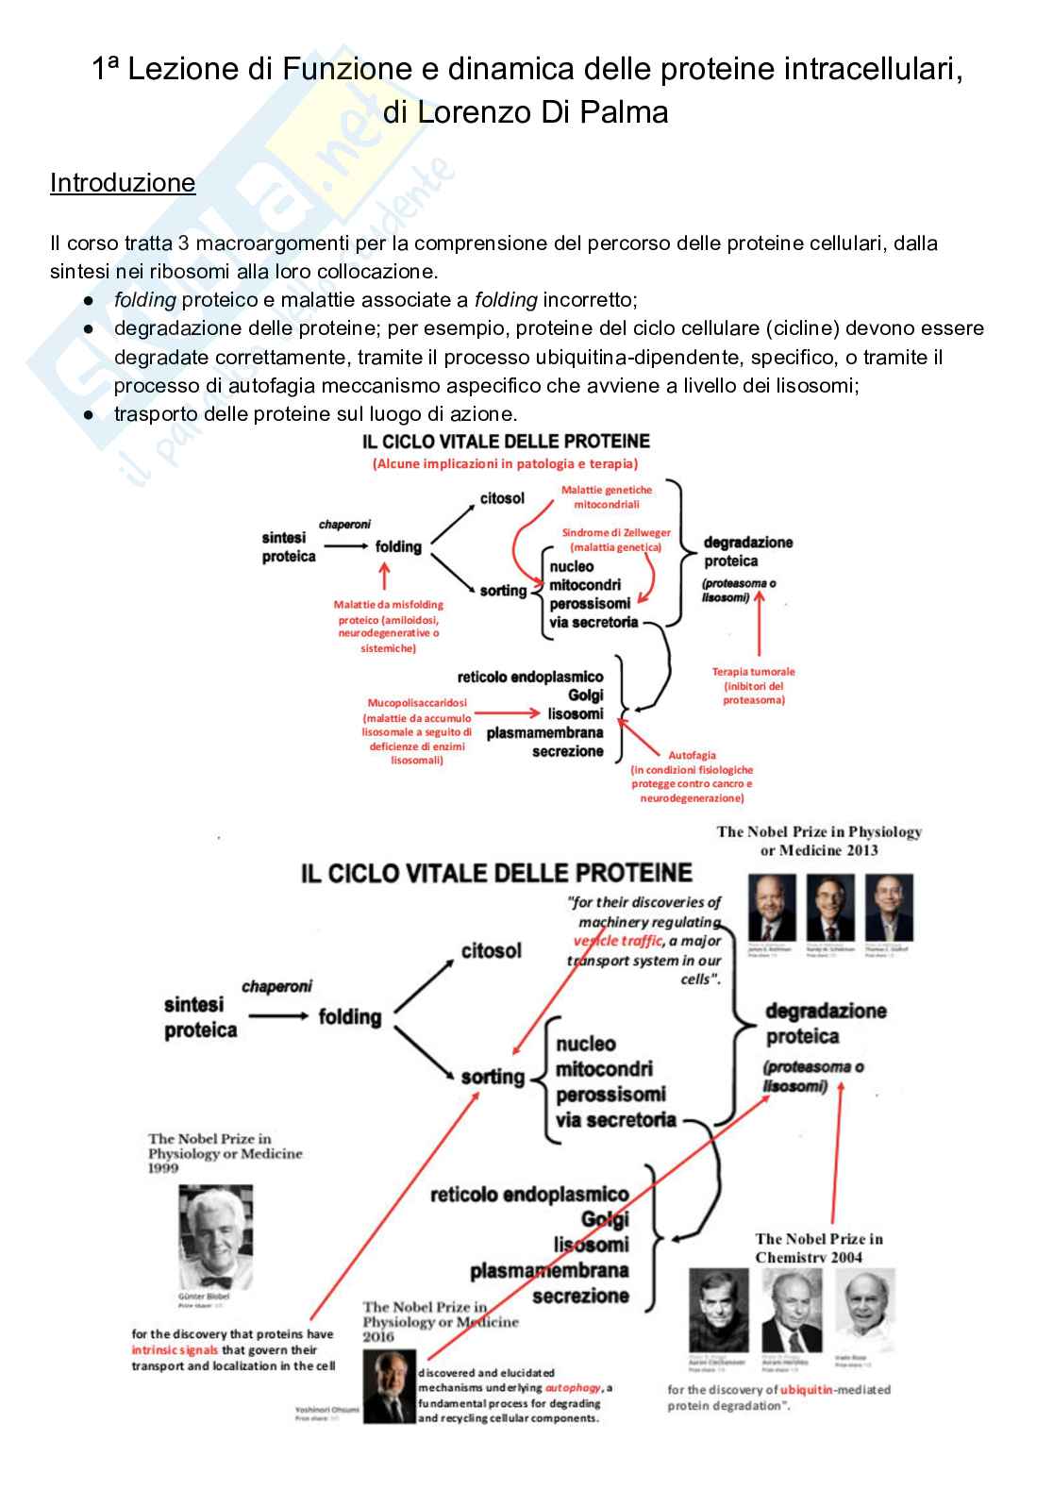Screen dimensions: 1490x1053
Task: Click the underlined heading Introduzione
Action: coord(123,183)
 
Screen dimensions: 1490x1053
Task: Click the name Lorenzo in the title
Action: coord(475,112)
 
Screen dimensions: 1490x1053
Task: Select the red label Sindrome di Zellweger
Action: coord(616,533)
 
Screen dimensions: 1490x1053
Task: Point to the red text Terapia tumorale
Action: coord(753,672)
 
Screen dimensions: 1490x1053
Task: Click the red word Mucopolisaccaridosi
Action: coord(417,703)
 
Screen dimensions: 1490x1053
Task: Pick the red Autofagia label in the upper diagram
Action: coord(692,755)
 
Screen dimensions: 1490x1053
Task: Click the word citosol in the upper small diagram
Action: coord(502,498)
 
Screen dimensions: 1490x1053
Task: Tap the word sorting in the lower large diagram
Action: coord(493,1077)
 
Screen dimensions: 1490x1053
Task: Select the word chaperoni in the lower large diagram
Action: coord(276,987)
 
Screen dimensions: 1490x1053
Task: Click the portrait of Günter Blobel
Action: coord(216,1237)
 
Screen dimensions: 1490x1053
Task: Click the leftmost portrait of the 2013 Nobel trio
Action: coord(772,907)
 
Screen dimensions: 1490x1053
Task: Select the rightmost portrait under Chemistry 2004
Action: coord(864,1311)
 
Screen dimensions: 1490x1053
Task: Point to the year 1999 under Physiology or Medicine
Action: coord(163,1168)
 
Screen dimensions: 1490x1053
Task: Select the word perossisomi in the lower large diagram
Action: coord(610,1095)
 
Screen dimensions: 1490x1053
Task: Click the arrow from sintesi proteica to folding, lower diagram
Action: coord(278,1016)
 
